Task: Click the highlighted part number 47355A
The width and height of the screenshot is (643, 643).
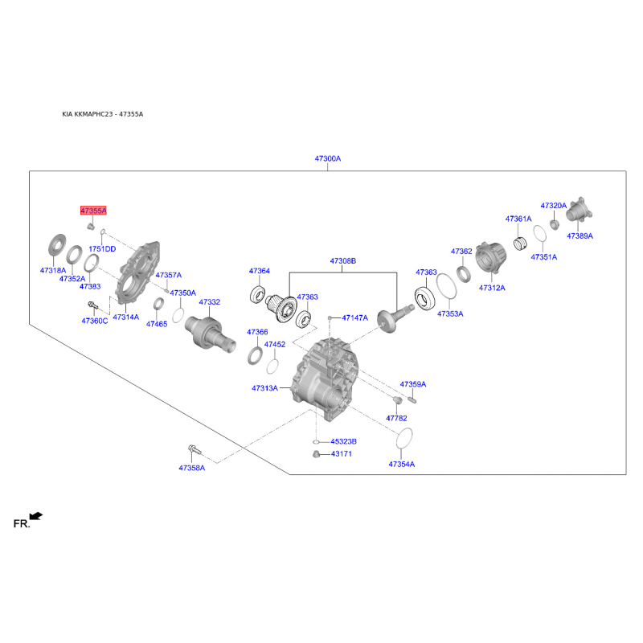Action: pos(93,211)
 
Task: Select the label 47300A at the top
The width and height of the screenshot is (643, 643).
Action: pos(328,158)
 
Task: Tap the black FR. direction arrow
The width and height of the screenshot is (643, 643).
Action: pos(36,516)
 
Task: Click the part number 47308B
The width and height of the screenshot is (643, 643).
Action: pos(343,260)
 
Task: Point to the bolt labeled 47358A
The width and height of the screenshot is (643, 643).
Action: pos(195,450)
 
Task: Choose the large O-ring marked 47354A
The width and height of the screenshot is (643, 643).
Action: pos(404,439)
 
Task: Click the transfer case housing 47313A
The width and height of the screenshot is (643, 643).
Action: pos(325,379)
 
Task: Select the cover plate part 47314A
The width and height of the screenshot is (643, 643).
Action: pos(137,272)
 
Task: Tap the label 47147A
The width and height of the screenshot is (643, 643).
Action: pos(354,317)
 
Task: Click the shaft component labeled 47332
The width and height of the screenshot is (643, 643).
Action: pos(210,334)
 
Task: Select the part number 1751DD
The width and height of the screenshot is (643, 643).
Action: pos(102,249)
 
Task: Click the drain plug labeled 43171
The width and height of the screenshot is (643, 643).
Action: pos(316,454)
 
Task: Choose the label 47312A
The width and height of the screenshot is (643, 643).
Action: pos(492,288)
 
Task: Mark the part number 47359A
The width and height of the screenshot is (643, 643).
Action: pos(413,384)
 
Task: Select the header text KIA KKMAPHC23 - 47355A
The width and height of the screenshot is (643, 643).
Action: pos(103,114)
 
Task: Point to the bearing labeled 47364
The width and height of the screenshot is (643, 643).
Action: pos(257,295)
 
